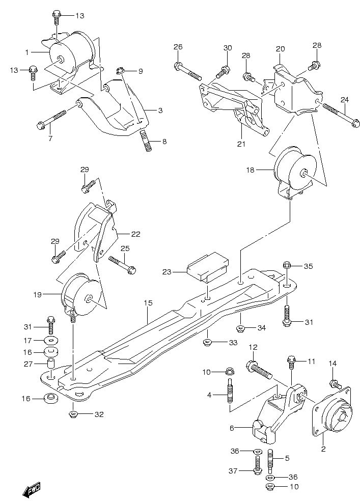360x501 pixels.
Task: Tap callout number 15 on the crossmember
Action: [x=148, y=303]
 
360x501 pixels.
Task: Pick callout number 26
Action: [x=178, y=47]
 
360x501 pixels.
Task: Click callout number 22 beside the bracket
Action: [x=135, y=234]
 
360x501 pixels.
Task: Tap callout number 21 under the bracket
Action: [x=240, y=144]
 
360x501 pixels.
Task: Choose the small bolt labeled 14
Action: [x=334, y=384]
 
